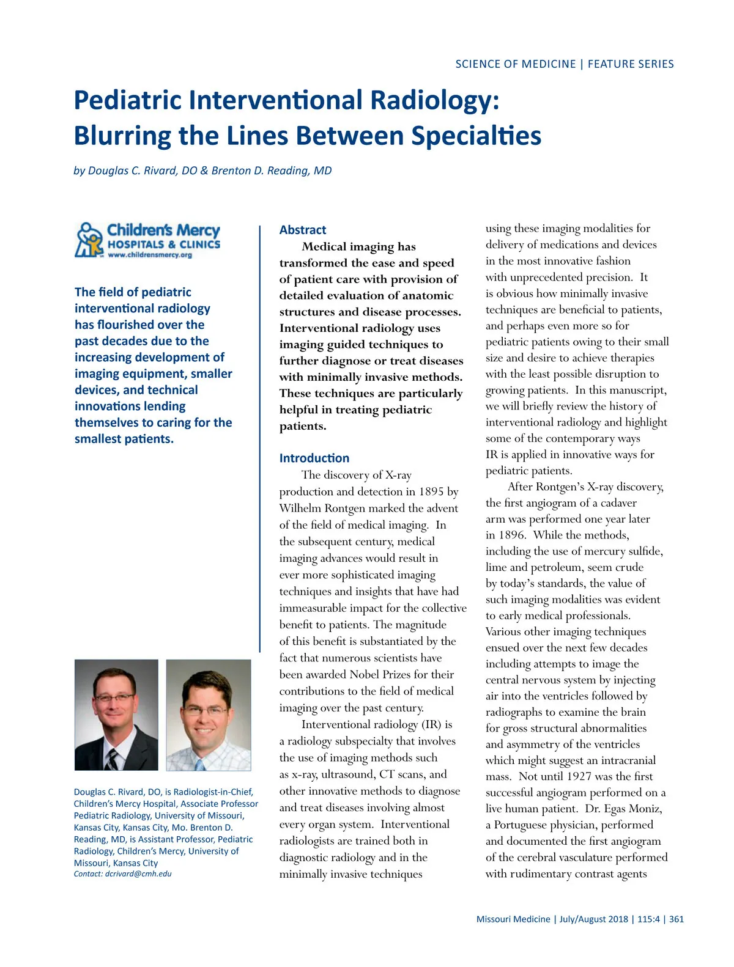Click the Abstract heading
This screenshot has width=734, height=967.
point(303,230)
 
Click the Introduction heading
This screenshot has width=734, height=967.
point(314,458)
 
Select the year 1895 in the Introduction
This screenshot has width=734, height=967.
point(431,491)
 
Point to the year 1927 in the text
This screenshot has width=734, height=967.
point(579,776)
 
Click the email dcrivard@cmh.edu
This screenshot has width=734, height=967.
point(138,873)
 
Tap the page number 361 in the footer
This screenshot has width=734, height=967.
point(677,919)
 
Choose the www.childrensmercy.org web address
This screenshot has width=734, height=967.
point(150,255)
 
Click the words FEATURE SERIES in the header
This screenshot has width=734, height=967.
point(631,64)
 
